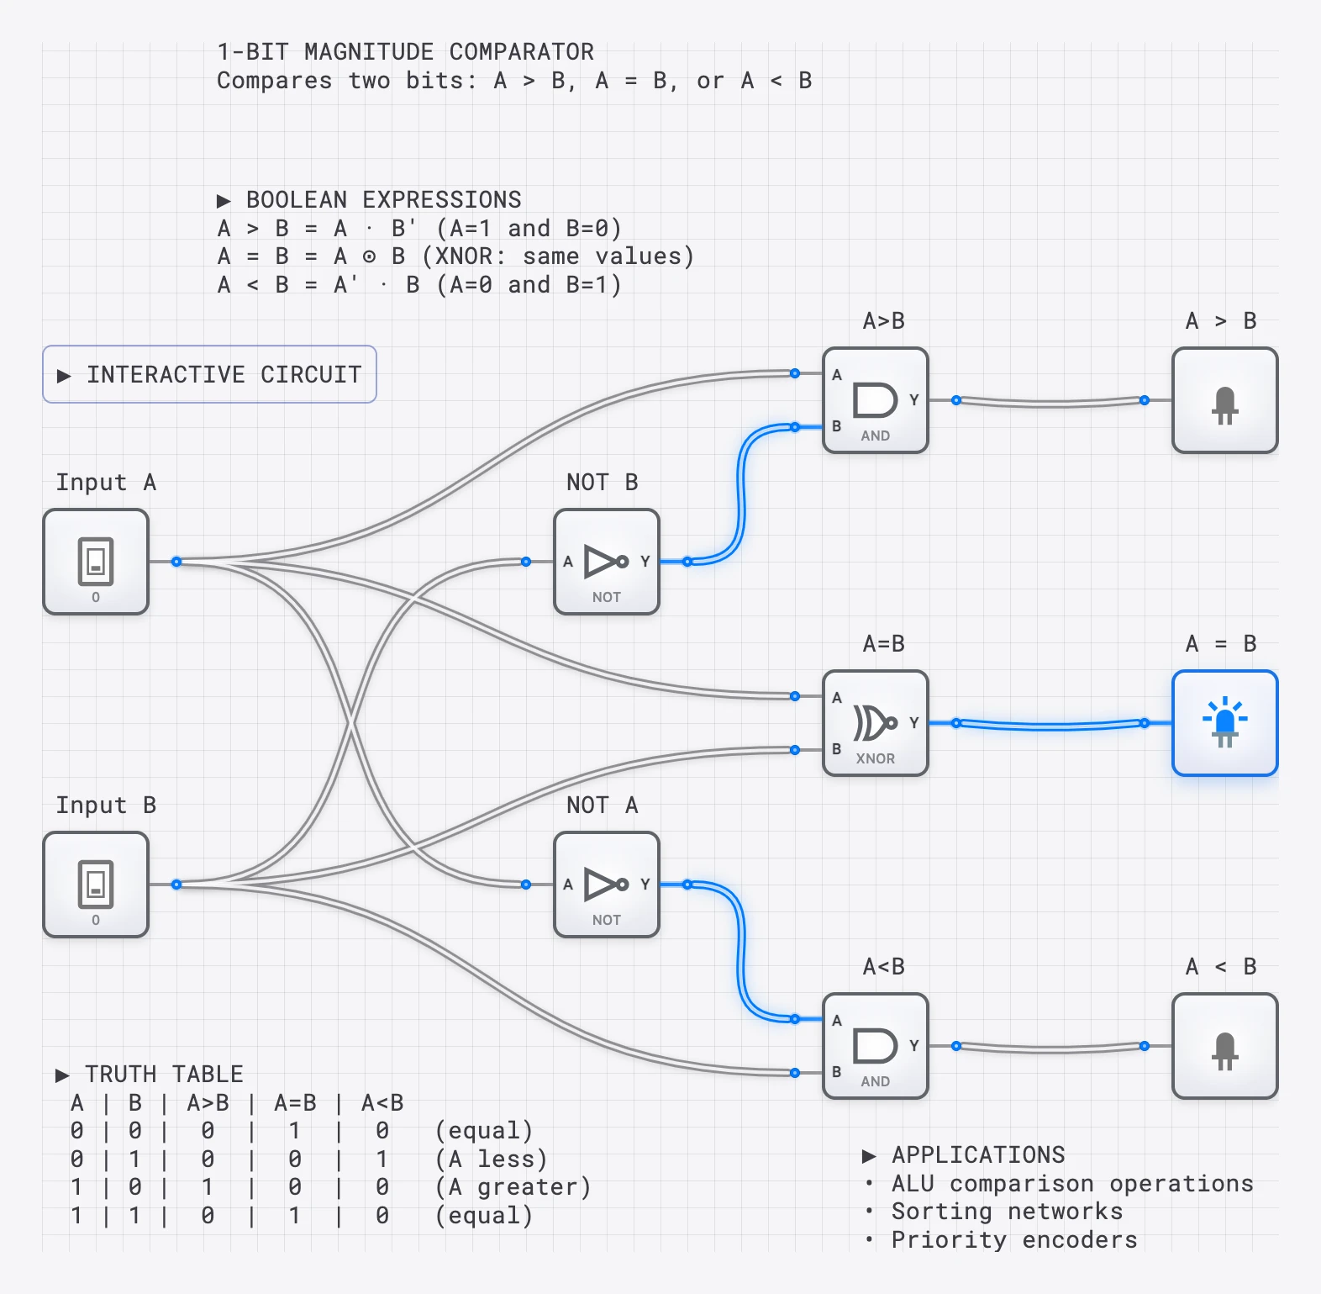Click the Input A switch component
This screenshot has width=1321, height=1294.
pyautogui.click(x=96, y=562)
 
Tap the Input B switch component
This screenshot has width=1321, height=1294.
pyautogui.click(x=96, y=885)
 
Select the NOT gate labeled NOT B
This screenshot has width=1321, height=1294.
pyautogui.click(x=607, y=562)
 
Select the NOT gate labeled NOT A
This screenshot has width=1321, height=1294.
pyautogui.click(x=607, y=885)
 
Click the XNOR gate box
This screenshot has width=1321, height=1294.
pyautogui.click(x=875, y=723)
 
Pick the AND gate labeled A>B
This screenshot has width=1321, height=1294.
pyautogui.click(x=875, y=400)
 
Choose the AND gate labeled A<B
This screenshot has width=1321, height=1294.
pyautogui.click(x=875, y=1046)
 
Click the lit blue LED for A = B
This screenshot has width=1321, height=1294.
pyautogui.click(x=1224, y=723)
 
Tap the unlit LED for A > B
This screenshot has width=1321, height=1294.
pyautogui.click(x=1224, y=400)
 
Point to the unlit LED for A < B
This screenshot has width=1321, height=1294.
pyautogui.click(x=1224, y=1046)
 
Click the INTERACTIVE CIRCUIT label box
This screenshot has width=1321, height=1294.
pyautogui.click(x=209, y=374)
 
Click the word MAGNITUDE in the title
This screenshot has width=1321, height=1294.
pyautogui.click(x=368, y=52)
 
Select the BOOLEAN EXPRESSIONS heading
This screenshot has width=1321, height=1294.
pyautogui.click(x=382, y=200)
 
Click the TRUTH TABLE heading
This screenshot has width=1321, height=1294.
pyautogui.click(x=163, y=1074)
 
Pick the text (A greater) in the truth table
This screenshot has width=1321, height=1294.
pyautogui.click(x=513, y=1187)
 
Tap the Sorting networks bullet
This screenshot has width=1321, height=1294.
pyautogui.click(x=1006, y=1212)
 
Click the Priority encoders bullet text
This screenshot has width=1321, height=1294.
pyautogui.click(x=1013, y=1240)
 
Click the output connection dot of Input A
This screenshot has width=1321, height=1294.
pyautogui.click(x=176, y=562)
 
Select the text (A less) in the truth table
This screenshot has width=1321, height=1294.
pyautogui.click(x=491, y=1159)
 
